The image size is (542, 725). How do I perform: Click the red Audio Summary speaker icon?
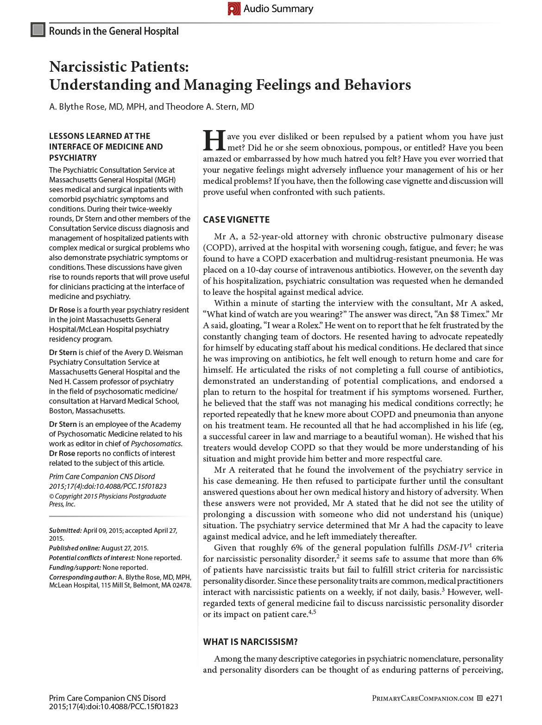click(234, 9)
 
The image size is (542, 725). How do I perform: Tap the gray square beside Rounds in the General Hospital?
click(38, 30)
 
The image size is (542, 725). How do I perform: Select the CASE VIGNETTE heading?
click(236, 219)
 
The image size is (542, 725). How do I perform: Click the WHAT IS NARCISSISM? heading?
click(250, 642)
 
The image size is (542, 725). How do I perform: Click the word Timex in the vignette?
click(472, 314)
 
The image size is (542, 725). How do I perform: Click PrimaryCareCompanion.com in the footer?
click(422, 699)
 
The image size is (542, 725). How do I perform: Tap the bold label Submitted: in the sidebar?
click(65, 531)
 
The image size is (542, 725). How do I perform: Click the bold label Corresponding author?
click(82, 577)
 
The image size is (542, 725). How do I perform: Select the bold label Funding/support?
click(75, 568)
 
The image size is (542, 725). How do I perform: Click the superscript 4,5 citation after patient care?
click(312, 612)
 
